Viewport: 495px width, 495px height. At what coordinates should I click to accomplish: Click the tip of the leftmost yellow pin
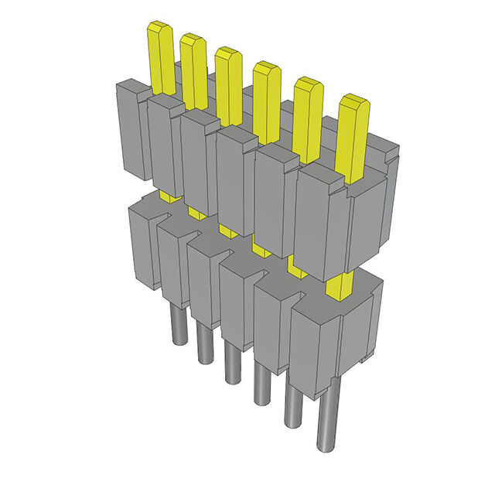159,29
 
